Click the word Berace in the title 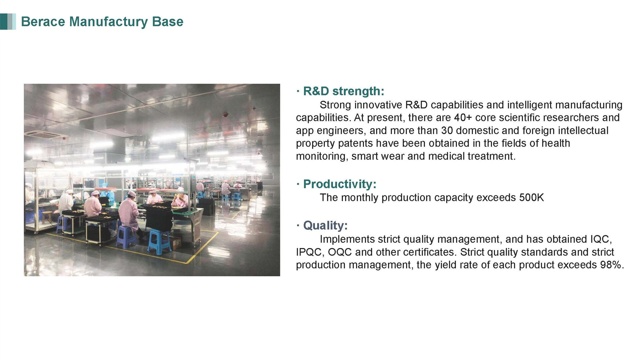coord(43,22)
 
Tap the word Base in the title coord(168,22)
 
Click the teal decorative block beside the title coord(8,22)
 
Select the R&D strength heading coord(344,91)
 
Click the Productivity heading coord(340,184)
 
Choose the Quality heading coord(325,225)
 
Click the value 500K coord(531,198)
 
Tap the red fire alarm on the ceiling coord(225,115)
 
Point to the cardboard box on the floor coord(175,242)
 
